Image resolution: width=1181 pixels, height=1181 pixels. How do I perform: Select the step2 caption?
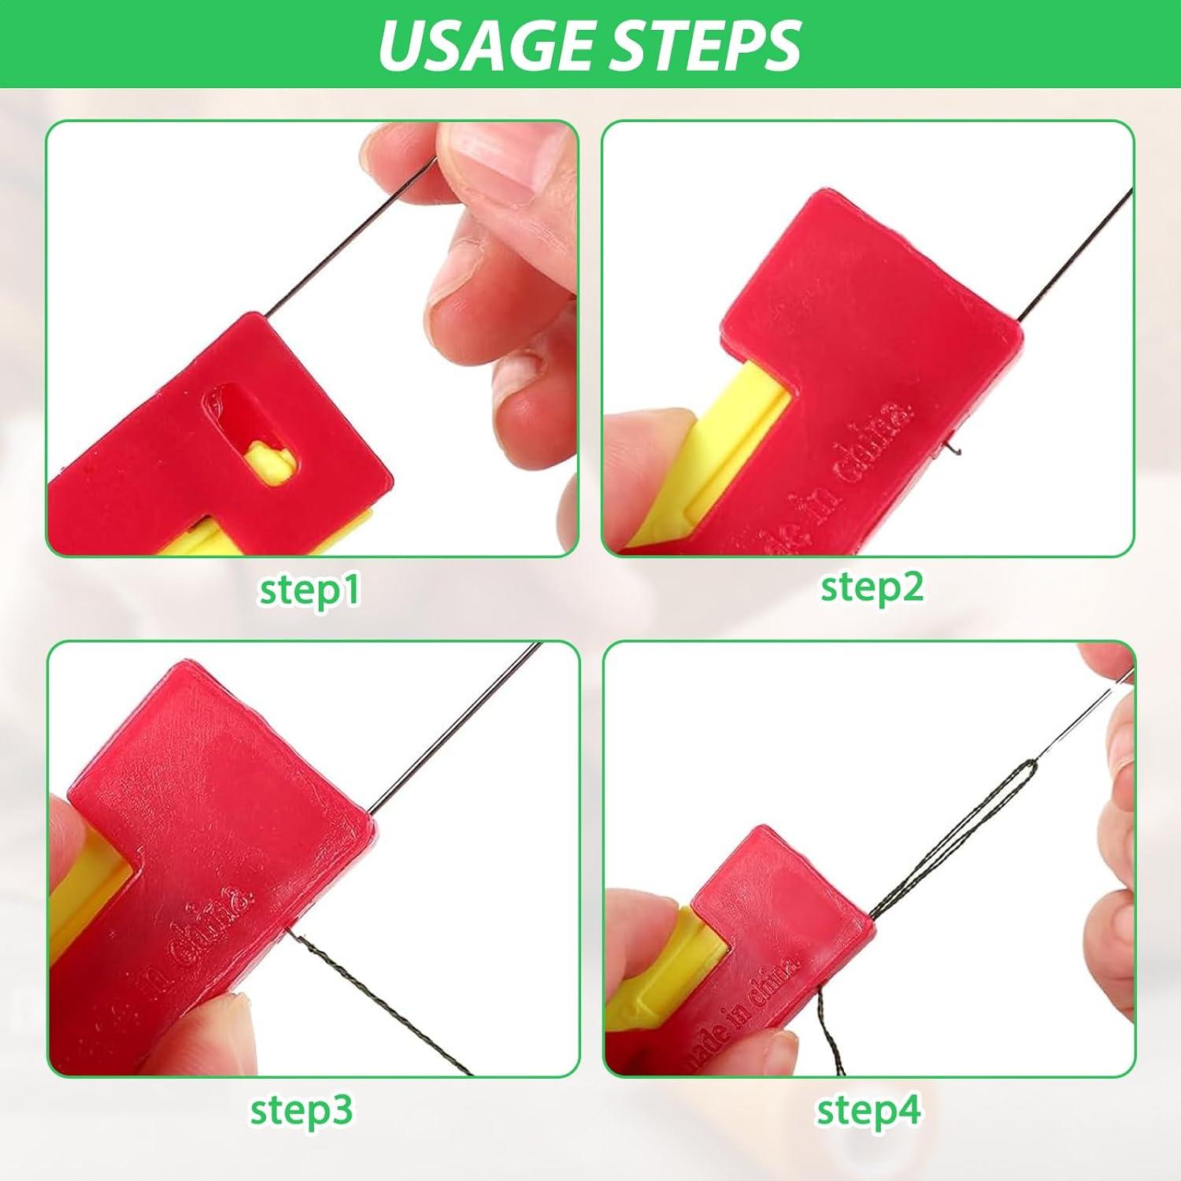[x=872, y=587]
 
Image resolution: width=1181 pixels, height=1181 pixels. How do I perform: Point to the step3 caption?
[x=302, y=1109]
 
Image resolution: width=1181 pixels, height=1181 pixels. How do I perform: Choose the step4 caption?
[x=868, y=1110]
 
